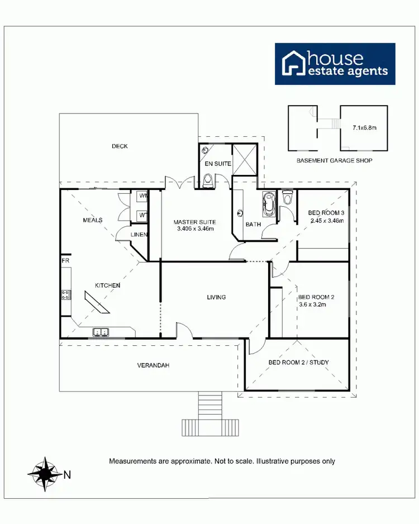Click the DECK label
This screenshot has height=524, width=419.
tap(120, 146)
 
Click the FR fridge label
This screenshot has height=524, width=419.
tap(65, 261)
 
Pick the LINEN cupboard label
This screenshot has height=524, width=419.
tap(139, 234)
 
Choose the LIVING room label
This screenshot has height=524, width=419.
tap(216, 297)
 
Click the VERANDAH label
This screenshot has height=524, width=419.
tap(153, 365)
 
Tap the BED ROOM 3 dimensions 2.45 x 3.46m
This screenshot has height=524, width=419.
tap(326, 221)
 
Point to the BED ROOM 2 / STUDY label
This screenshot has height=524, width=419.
tap(299, 363)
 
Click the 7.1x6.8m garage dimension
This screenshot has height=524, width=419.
tap(364, 128)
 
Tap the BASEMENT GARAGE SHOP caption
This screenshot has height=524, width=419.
tap(334, 160)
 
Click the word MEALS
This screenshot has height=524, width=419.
tap(92, 220)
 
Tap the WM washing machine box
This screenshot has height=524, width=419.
tap(142, 197)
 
